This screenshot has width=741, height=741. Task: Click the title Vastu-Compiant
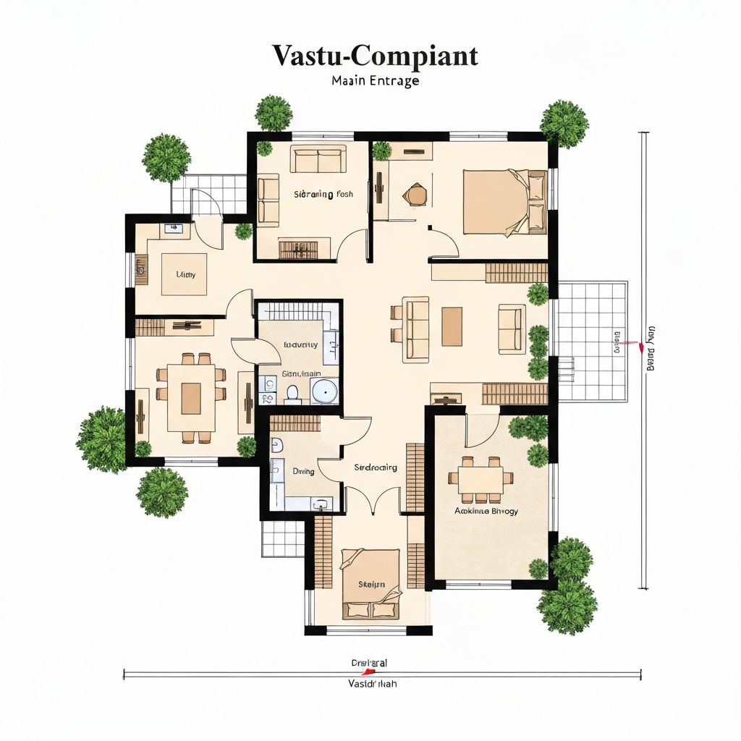[x=375, y=56]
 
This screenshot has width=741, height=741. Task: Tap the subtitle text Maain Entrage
[x=375, y=81]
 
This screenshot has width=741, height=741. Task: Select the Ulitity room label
[x=186, y=275]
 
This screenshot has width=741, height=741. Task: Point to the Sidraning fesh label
[x=323, y=194]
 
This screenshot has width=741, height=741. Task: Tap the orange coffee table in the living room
[x=452, y=326]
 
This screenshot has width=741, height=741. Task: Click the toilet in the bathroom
[x=293, y=393]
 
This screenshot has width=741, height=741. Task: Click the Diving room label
[x=303, y=471]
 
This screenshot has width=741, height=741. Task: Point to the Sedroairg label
[x=376, y=467]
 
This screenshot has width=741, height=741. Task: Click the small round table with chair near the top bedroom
[x=416, y=194]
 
